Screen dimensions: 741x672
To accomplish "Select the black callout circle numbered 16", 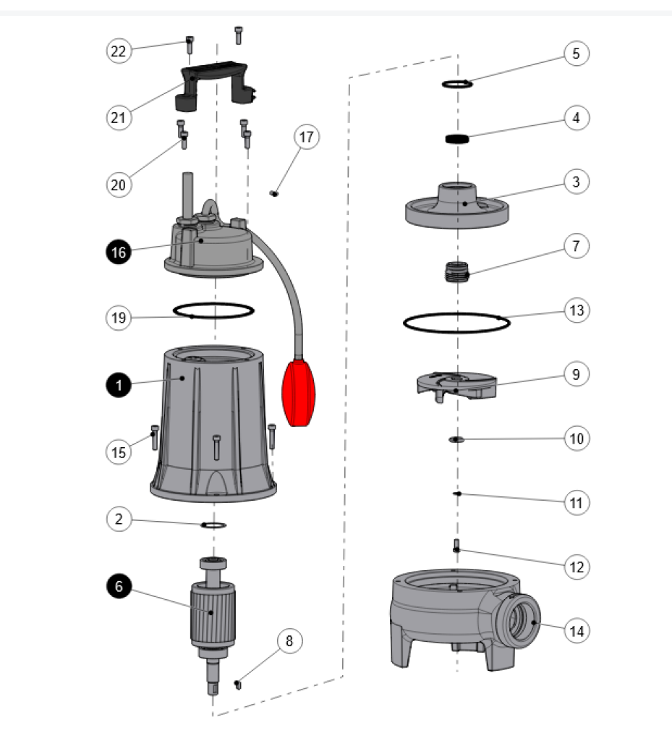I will (119, 252).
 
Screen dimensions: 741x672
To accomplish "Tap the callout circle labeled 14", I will (577, 631).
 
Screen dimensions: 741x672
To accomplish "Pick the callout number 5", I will (577, 54).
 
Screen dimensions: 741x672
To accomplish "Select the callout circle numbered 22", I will (119, 51).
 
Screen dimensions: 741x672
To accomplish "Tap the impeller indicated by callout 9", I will (456, 383).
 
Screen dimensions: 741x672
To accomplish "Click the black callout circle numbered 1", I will (119, 386).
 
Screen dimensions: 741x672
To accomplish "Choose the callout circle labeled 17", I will (307, 137).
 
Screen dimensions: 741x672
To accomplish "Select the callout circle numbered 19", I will (119, 317).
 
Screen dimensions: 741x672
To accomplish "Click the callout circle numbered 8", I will (289, 641).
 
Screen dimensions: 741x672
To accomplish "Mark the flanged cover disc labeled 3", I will (457, 206).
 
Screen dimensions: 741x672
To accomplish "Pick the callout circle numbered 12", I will (577, 567).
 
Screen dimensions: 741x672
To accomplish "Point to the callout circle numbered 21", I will (119, 117).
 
